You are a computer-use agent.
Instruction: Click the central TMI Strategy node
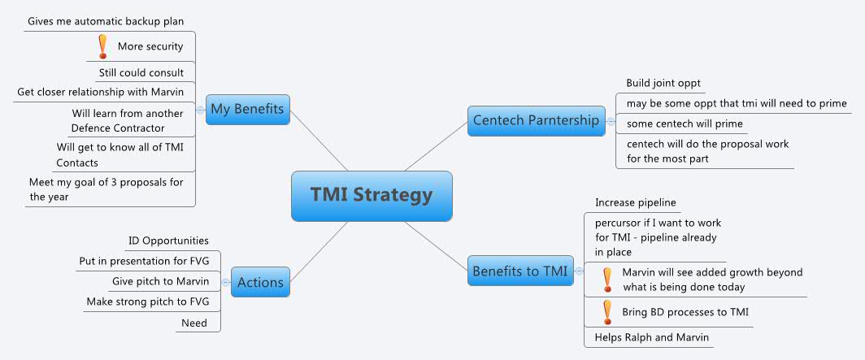coord(371,195)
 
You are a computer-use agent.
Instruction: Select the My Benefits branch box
coord(248,109)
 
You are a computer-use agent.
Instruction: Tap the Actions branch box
coord(260,283)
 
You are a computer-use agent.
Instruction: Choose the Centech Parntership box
coord(535,121)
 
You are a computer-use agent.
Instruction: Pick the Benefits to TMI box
coord(521,270)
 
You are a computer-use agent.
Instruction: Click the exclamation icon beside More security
coord(102,46)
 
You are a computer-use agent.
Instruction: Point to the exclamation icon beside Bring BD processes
coord(606,312)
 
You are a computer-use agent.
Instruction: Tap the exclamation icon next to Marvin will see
coord(606,280)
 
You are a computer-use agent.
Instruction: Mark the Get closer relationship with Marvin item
coord(100,92)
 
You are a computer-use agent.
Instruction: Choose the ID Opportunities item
coord(168,241)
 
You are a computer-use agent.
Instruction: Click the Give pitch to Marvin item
coord(160,281)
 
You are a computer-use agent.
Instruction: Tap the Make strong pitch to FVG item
coord(147,302)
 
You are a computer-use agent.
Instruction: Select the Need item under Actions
coord(194,323)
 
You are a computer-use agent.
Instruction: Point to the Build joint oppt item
coord(663,83)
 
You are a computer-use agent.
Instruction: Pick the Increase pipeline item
coord(636,202)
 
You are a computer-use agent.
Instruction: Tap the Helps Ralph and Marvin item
coord(646,337)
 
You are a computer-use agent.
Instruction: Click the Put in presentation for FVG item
coord(143,261)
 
